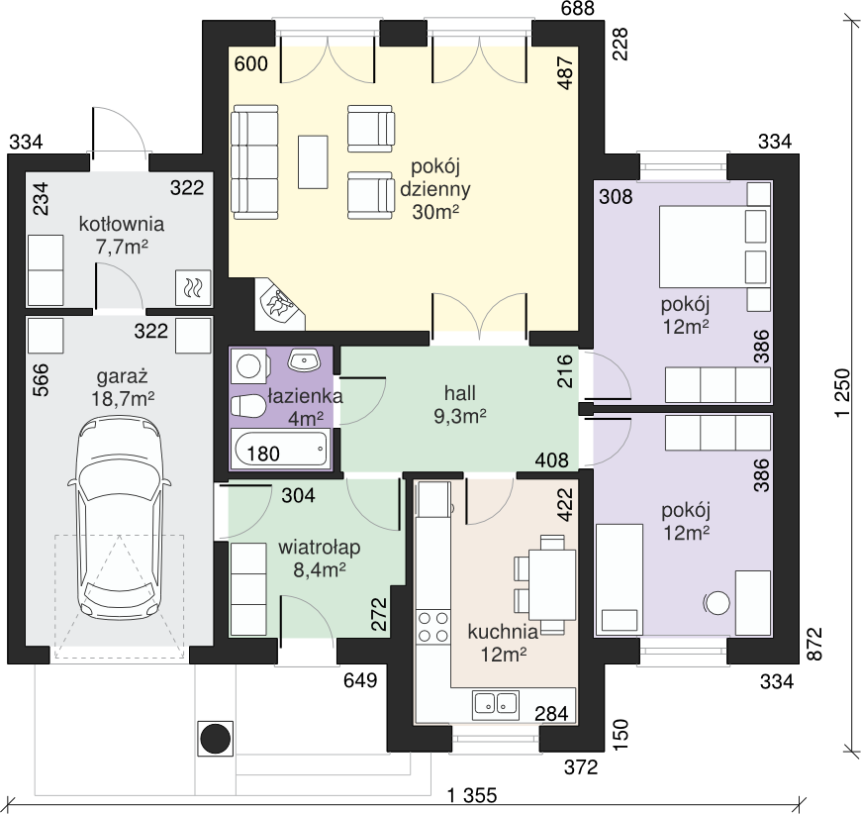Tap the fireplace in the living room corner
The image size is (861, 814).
point(280,304)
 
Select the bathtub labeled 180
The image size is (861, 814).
point(281,450)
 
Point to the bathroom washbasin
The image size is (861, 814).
point(304,360)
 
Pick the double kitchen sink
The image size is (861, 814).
point(495,704)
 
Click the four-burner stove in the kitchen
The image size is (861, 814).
point(432,627)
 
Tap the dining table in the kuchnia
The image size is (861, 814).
point(552,584)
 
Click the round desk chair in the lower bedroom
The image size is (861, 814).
point(717,603)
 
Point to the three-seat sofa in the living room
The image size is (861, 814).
point(254,162)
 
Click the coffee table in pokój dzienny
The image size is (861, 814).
point(313,162)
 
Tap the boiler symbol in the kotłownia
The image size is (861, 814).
point(193,287)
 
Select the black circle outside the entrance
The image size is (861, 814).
point(216,738)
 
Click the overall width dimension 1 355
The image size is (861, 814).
point(472,795)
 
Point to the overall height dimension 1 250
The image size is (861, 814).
point(842,393)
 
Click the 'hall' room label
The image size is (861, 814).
point(460,393)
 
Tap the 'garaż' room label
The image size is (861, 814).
point(123,377)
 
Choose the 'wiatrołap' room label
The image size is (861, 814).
point(319,548)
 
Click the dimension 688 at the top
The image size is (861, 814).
point(578,8)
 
